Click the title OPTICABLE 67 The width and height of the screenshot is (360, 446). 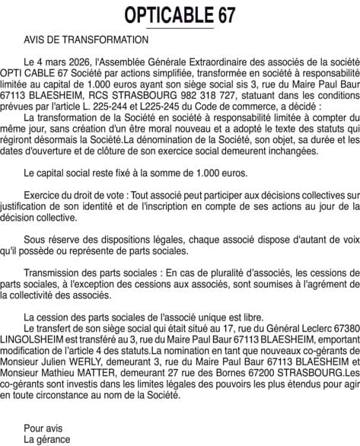point(180,14)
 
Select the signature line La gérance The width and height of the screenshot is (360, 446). point(47,438)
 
